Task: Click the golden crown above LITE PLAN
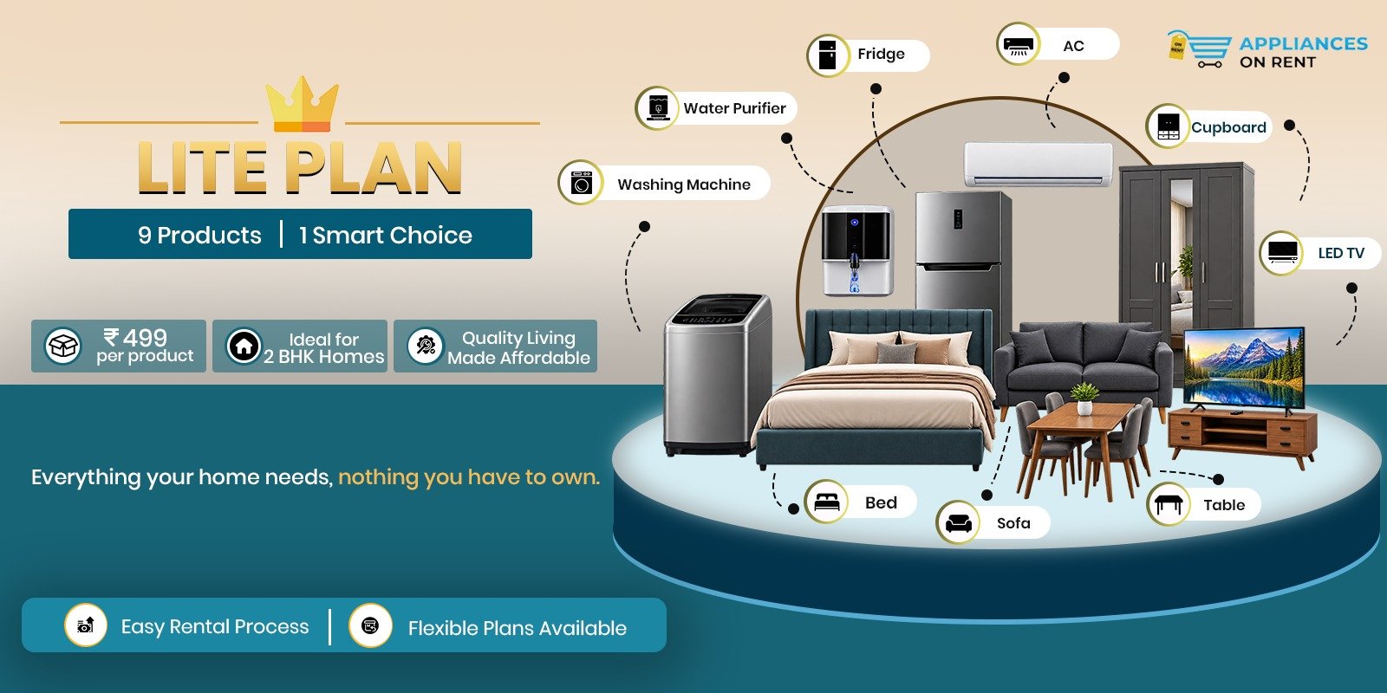303,103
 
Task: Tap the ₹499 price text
135,338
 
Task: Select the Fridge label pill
868,55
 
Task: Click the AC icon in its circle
1018,44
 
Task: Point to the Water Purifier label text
734,108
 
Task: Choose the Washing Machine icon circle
580,183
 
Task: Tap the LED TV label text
1340,253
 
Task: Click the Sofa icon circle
958,522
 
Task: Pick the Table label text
1223,505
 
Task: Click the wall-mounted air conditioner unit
1038,164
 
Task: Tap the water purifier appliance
857,250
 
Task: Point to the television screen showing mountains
1244,366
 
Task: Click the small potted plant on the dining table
1084,398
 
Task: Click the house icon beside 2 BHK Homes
244,346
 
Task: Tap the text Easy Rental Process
215,626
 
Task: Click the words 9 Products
199,235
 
